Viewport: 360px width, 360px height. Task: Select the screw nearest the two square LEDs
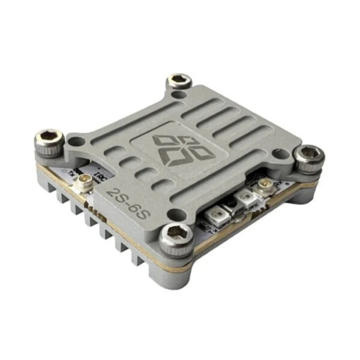[177, 235]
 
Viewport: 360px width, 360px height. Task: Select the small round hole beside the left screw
[76, 142]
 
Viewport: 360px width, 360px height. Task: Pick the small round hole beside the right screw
[278, 154]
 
